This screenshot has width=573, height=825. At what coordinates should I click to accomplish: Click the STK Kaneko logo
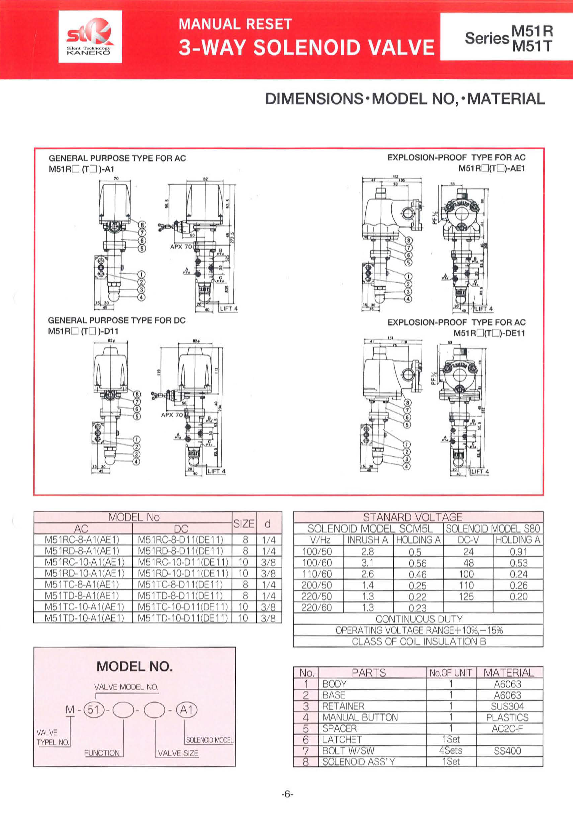pyautogui.click(x=90, y=37)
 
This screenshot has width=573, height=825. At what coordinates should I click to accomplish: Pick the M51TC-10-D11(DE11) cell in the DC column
pyautogui.click(x=183, y=607)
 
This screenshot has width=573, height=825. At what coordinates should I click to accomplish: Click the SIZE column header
pyautogui.click(x=244, y=524)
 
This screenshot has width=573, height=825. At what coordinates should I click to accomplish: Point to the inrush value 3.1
pyautogui.click(x=367, y=562)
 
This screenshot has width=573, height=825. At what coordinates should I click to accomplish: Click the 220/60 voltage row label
pyautogui.click(x=316, y=608)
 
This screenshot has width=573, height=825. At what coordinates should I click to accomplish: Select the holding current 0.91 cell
pyautogui.click(x=518, y=552)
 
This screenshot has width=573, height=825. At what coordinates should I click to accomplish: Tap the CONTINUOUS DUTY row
pyautogui.click(x=419, y=619)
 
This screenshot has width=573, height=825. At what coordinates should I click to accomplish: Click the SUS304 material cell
pyautogui.click(x=507, y=706)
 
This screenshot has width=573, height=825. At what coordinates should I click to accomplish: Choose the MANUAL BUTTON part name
pyautogui.click(x=360, y=717)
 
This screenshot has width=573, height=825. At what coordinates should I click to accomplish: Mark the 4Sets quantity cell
pyautogui.click(x=451, y=750)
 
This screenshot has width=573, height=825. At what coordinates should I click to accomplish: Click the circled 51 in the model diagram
pyautogui.click(x=93, y=709)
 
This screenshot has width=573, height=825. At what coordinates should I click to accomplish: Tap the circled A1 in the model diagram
pyautogui.click(x=187, y=709)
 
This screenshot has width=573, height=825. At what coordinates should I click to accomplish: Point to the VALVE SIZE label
pyautogui.click(x=178, y=753)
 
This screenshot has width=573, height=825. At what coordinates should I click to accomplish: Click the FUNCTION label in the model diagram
pyautogui.click(x=102, y=753)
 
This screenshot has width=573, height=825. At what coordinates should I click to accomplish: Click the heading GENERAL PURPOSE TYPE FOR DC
pyautogui.click(x=117, y=320)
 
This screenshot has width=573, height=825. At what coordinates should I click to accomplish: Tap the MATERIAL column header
pyautogui.click(x=509, y=672)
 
